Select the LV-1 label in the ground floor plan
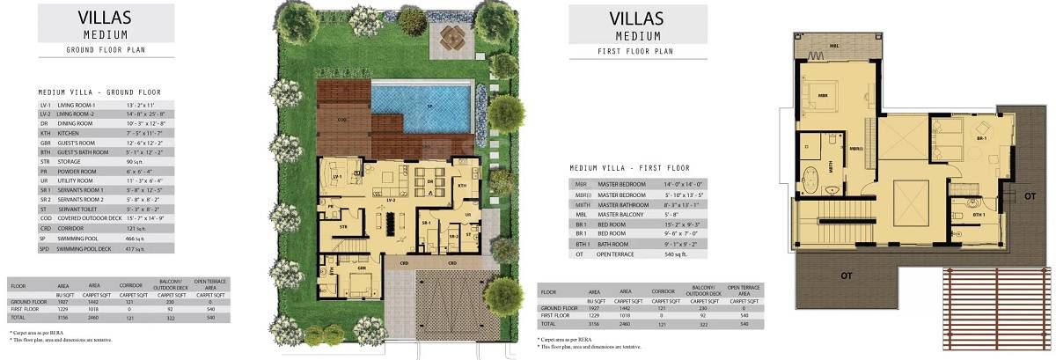point(337,176)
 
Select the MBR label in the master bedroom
point(822,96)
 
